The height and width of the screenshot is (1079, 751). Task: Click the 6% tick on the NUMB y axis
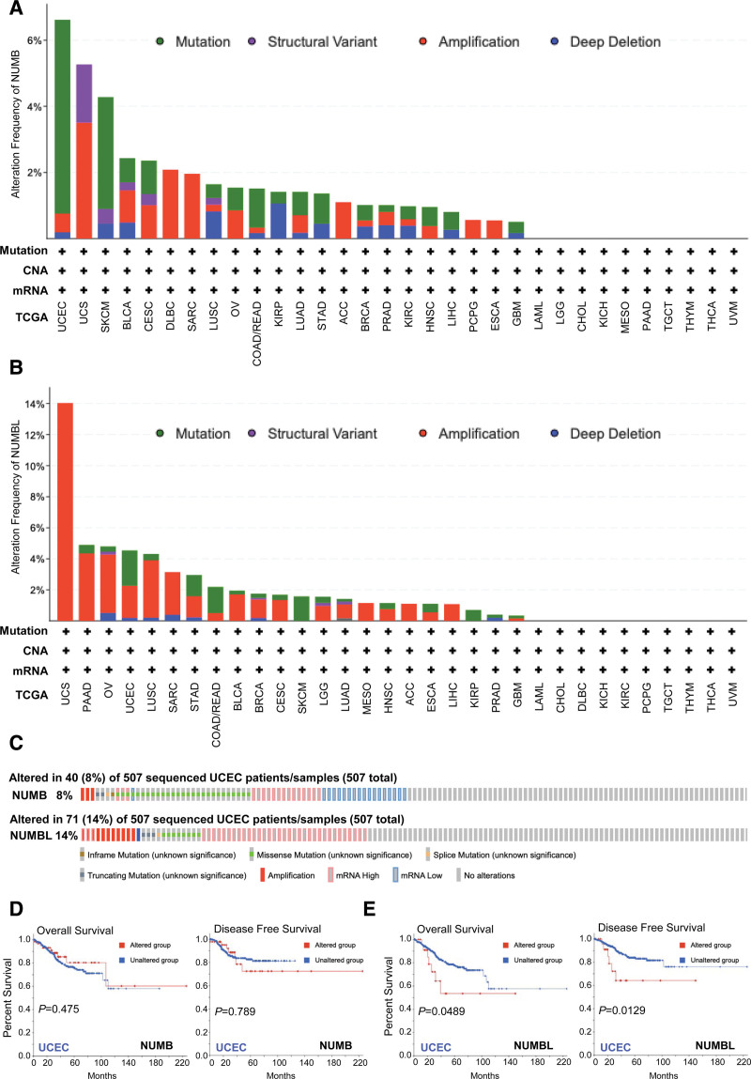37,41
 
